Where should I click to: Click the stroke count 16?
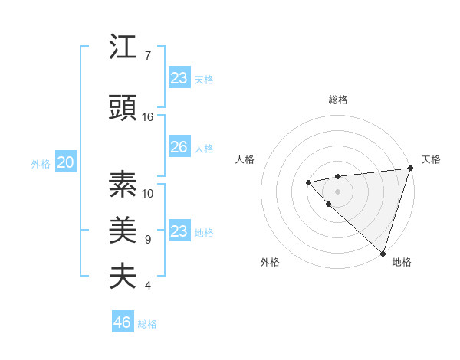[148, 117]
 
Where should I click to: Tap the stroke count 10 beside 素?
[148, 193]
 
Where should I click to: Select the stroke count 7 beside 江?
[148, 56]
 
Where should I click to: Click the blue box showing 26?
[179, 147]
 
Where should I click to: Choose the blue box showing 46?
[123, 322]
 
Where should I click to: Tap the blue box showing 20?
[66, 162]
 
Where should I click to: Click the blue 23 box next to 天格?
[179, 78]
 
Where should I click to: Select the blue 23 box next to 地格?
[179, 231]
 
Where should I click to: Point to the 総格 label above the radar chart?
[337, 100]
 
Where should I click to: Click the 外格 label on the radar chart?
[270, 263]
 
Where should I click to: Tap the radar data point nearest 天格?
[410, 168]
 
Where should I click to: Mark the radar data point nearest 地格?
[383, 253]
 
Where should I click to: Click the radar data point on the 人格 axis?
[308, 182]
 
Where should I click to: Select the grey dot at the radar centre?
[337, 191]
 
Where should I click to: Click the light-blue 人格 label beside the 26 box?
[204, 148]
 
